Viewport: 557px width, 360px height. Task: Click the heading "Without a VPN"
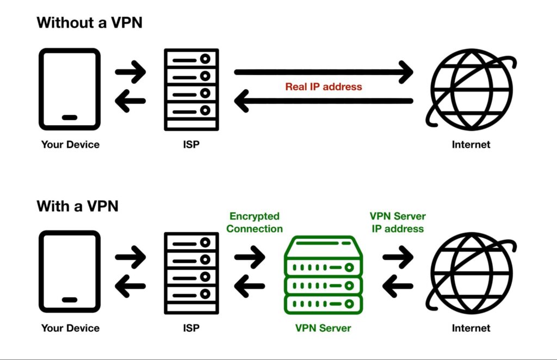click(x=89, y=23)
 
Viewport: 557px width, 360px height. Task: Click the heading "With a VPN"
click(x=77, y=206)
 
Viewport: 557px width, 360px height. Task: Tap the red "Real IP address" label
click(x=324, y=86)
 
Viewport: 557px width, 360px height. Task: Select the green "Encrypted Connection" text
click(x=255, y=222)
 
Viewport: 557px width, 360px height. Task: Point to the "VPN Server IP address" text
click(x=398, y=222)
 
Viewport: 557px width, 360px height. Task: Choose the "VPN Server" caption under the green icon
click(x=323, y=328)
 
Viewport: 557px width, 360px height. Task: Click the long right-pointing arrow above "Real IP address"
click(x=324, y=72)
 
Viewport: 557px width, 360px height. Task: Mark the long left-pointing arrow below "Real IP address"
click(x=324, y=101)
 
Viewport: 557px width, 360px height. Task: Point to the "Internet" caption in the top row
click(x=471, y=145)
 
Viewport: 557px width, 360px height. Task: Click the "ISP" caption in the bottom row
click(x=191, y=328)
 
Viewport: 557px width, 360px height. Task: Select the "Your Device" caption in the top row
click(x=71, y=145)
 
